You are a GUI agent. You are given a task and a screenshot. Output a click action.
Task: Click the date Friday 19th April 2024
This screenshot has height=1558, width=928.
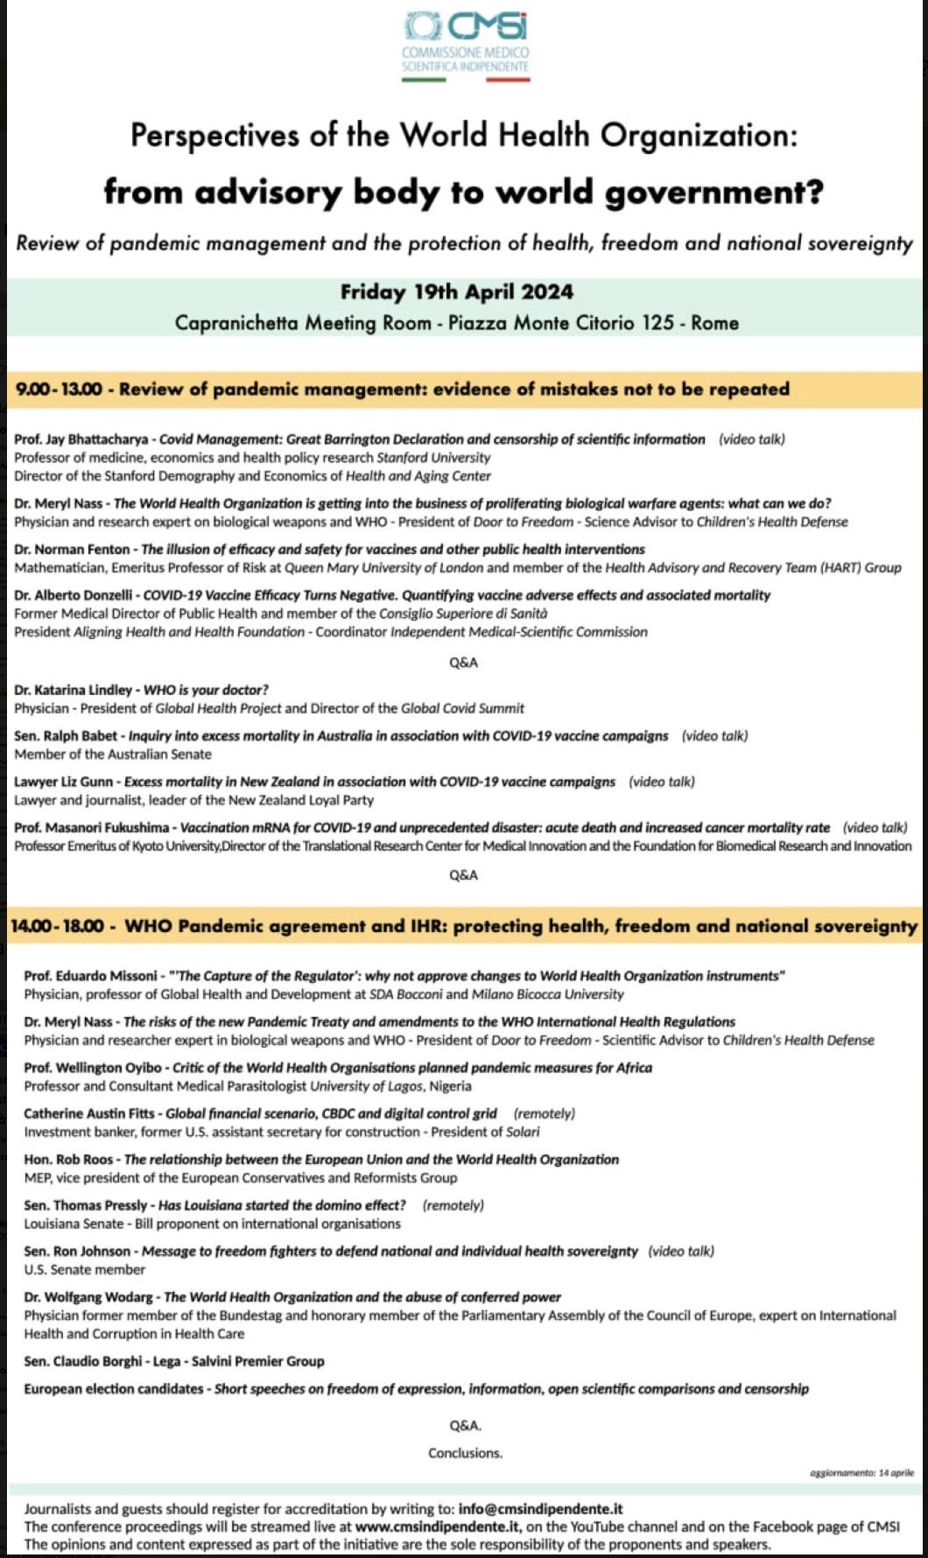[x=457, y=291]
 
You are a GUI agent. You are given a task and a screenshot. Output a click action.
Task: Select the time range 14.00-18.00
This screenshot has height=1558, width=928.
[x=57, y=926]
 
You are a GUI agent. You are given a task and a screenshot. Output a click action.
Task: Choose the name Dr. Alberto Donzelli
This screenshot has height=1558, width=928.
[x=74, y=595]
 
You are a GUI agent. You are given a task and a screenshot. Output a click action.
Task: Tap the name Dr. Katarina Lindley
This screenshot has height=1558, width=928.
[x=74, y=690]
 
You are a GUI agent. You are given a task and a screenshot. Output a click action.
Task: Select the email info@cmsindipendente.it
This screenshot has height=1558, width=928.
[x=541, y=1508]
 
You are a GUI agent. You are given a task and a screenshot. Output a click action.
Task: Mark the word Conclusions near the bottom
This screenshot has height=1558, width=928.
[x=465, y=1453]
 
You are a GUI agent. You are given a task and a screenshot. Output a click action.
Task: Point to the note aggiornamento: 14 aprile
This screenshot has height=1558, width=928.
[x=861, y=1473]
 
